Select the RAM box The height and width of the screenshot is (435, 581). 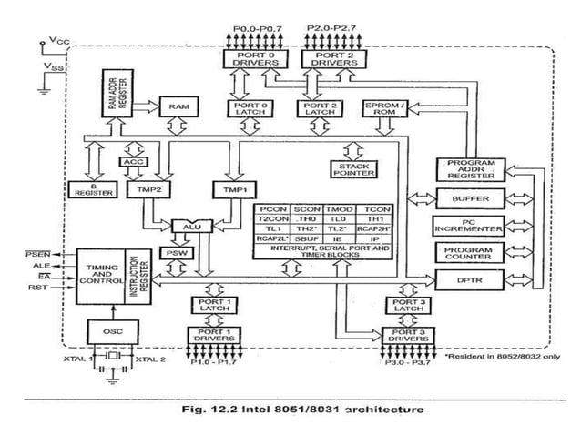178,107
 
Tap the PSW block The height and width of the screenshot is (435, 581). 174,252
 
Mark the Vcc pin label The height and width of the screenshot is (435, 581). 56,41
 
